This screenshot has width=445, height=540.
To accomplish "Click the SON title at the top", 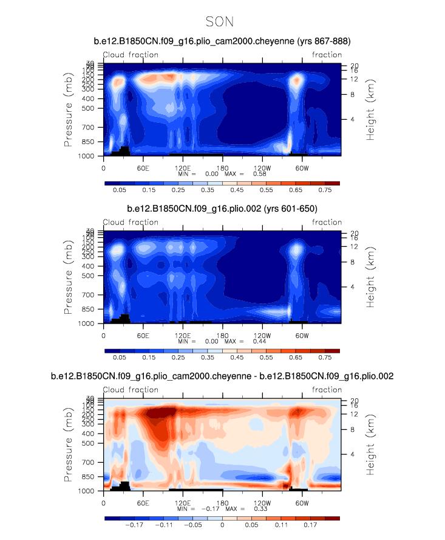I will pos(220,22).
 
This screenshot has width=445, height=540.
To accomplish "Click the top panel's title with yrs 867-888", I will pos(222,41).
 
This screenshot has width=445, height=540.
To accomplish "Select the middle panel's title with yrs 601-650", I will pos(222,209).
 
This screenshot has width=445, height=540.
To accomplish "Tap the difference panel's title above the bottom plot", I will pos(222,376).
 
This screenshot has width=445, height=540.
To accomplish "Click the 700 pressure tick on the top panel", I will pos(89,128).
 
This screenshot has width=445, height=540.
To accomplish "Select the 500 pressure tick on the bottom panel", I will pos(89,443).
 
